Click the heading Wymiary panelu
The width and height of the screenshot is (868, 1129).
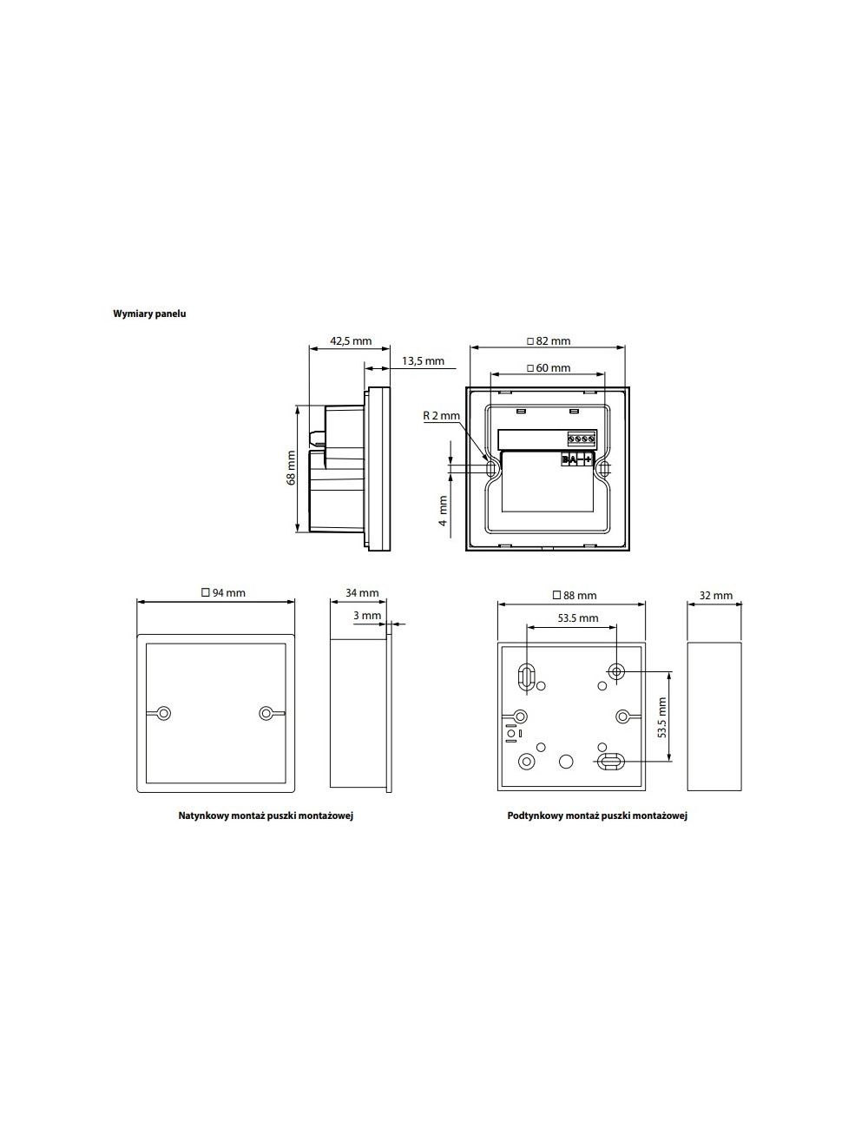click(149, 314)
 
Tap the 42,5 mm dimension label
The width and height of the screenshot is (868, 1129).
click(351, 340)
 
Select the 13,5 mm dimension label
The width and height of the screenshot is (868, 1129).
click(423, 360)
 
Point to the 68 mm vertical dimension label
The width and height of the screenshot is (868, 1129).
click(292, 468)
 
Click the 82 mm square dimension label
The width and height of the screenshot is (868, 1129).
click(549, 340)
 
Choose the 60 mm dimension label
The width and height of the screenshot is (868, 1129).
click(549, 368)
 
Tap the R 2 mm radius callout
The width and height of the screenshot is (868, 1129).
click(441, 416)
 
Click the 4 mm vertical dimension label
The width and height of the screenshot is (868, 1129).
click(443, 511)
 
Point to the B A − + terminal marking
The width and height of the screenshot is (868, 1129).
click(577, 459)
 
